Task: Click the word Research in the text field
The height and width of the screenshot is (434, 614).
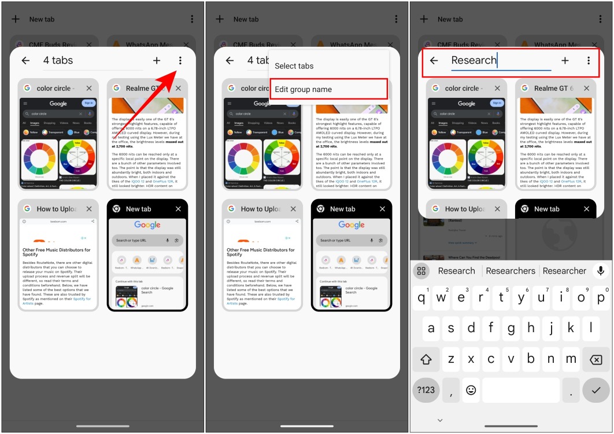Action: click(474, 60)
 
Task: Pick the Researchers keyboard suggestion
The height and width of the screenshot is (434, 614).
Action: click(511, 271)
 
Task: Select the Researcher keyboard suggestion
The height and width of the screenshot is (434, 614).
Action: click(564, 271)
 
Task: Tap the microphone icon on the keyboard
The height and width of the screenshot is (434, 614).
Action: click(601, 271)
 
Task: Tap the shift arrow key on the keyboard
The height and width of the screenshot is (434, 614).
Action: click(426, 359)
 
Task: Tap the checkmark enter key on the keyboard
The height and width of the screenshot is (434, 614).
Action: click(595, 390)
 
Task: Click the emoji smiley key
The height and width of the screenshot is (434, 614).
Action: click(471, 390)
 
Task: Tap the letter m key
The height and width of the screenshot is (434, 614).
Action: click(571, 359)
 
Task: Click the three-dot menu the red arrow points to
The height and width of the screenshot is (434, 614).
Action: click(180, 60)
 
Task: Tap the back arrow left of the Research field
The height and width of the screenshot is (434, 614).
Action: click(434, 60)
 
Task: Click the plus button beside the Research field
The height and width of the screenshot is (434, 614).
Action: click(565, 60)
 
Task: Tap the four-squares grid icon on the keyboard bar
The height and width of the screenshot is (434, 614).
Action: click(421, 271)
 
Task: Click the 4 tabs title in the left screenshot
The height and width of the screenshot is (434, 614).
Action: click(58, 60)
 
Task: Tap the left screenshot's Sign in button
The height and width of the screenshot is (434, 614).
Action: click(88, 103)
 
